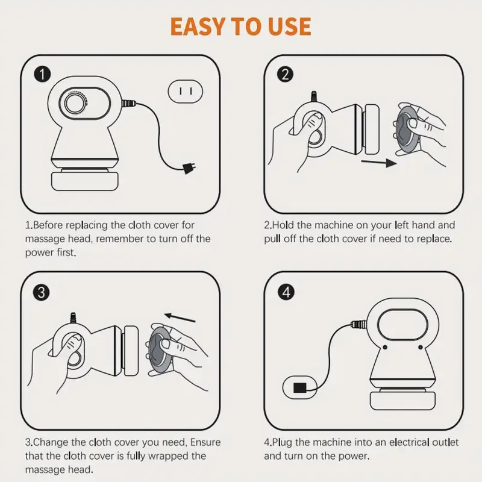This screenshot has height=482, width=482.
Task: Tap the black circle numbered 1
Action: click(42, 74)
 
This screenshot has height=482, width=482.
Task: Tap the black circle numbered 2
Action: click(285, 74)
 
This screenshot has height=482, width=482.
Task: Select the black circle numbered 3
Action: click(41, 292)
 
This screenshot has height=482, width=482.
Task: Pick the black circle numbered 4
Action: click(286, 292)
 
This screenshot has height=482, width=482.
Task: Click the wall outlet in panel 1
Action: click(186, 92)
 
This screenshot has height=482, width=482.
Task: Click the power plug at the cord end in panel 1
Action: click(189, 168)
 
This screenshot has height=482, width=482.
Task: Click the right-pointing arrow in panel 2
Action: click(379, 162)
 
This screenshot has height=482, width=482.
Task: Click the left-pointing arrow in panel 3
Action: click(180, 318)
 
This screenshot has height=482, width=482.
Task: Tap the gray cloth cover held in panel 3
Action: click(159, 350)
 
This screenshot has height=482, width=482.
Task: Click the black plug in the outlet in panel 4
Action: click(299, 387)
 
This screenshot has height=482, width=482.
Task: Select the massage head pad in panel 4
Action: click(402, 401)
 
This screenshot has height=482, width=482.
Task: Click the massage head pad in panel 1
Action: click(84, 181)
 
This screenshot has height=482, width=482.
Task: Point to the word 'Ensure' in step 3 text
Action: click(205, 442)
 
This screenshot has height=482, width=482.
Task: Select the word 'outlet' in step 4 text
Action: click(445, 442)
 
